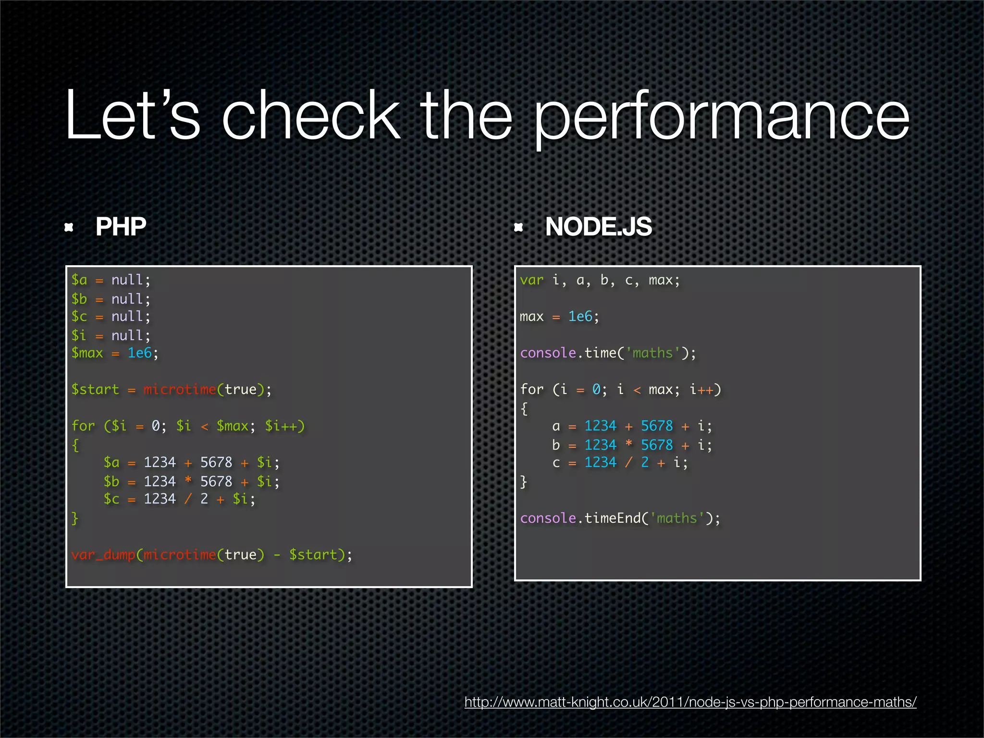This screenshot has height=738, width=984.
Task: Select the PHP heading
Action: point(121,226)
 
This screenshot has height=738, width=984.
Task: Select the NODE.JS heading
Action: point(598,226)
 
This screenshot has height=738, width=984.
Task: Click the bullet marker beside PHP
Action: point(69,227)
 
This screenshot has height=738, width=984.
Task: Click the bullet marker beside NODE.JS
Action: point(518,227)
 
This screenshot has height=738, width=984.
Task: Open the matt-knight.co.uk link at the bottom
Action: point(690,702)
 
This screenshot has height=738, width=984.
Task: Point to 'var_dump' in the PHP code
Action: point(103,554)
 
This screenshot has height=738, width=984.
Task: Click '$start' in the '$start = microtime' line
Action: point(95,389)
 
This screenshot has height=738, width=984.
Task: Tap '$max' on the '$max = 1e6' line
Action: point(87,353)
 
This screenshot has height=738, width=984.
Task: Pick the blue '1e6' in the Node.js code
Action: point(580,317)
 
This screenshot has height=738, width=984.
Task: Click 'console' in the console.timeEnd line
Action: point(548,518)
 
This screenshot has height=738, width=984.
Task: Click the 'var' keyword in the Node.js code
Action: point(531,280)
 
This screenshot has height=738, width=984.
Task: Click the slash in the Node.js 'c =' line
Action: point(628,462)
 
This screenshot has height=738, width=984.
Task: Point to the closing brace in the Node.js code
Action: point(524,481)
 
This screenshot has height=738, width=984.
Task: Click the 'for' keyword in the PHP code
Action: point(83,426)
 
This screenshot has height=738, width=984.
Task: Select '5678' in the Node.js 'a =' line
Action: point(657,426)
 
